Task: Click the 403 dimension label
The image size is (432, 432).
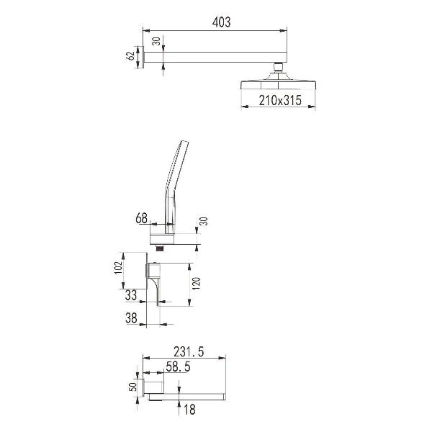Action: [x=221, y=22]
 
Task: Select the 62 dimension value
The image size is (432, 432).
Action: [x=130, y=56]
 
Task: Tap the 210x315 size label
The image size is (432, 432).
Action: [x=280, y=100]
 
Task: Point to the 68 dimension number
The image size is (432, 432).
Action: [x=141, y=218]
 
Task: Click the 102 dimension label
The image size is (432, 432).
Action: [x=118, y=268]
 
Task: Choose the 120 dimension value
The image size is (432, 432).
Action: [x=197, y=284]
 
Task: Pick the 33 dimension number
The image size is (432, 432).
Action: [x=131, y=295]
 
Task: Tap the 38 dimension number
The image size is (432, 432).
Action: [x=131, y=318]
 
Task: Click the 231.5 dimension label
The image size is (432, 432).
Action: [x=189, y=352]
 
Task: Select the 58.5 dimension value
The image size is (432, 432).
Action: [x=178, y=366]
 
